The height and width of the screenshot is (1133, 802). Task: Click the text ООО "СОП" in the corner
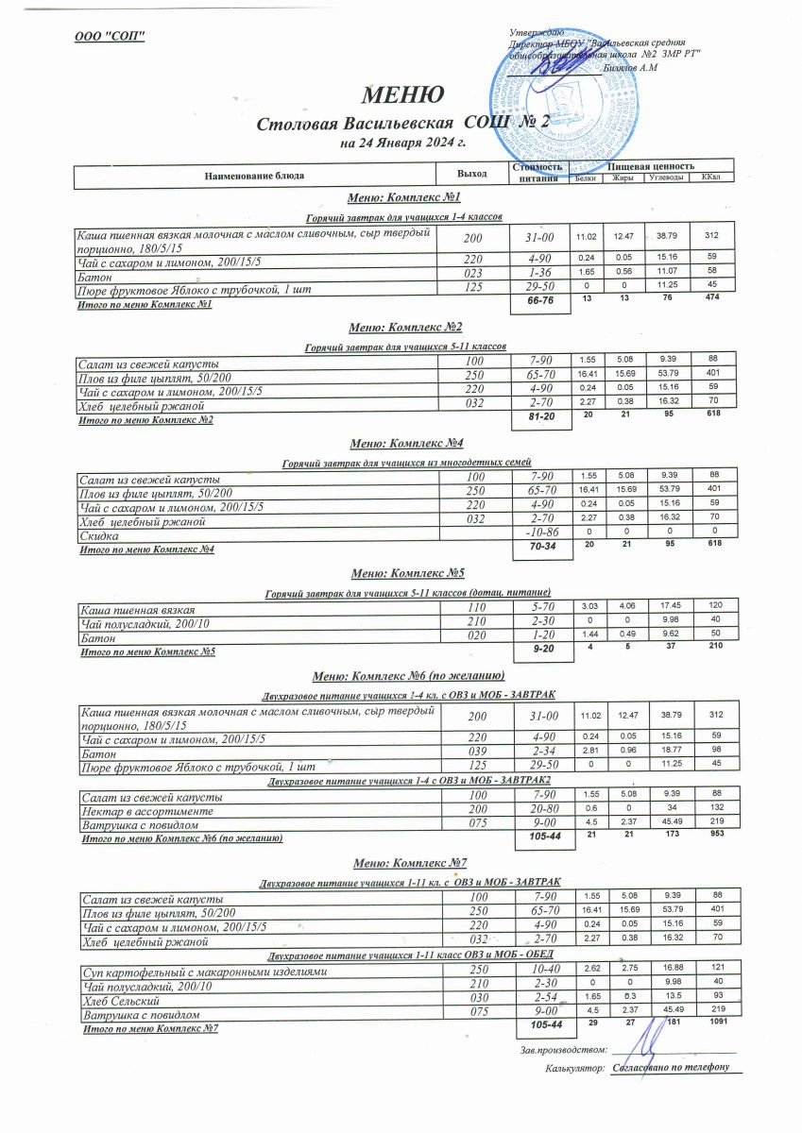coord(111,37)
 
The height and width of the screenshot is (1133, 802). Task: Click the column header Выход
coord(471,174)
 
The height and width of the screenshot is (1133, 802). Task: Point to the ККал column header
coord(710,178)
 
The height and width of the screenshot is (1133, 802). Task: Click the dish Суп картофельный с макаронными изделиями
coord(203,971)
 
